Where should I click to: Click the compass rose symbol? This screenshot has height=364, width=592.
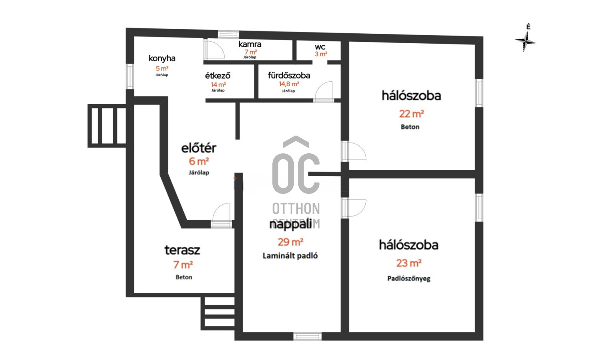(525, 41)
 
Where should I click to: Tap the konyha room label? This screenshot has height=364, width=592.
(162, 58)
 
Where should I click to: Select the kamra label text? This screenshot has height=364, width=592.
(250, 44)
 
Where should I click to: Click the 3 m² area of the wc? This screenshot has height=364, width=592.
(321, 54)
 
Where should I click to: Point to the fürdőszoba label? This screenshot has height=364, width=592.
(289, 75)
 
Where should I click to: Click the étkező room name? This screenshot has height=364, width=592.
(218, 75)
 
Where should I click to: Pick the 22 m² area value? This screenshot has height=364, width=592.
(411, 114)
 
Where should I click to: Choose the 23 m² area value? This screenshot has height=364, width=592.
(409, 263)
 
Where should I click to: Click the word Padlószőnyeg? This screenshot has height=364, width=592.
(409, 279)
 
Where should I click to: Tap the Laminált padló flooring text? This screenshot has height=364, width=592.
(290, 256)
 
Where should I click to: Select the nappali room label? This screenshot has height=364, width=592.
(290, 224)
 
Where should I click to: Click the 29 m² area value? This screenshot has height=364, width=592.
(290, 242)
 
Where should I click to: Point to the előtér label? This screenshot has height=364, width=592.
(199, 148)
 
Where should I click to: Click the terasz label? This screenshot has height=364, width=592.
(182, 250)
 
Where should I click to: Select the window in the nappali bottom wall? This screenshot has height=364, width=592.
(307, 336)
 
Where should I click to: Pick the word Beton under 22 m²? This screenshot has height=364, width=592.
(410, 127)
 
